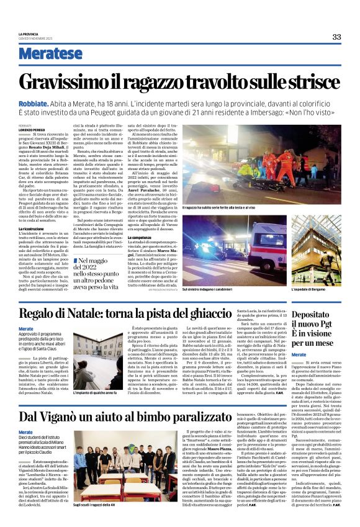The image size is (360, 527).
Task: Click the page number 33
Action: [x=336, y=37]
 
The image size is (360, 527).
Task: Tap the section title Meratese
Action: [x=50, y=54]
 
